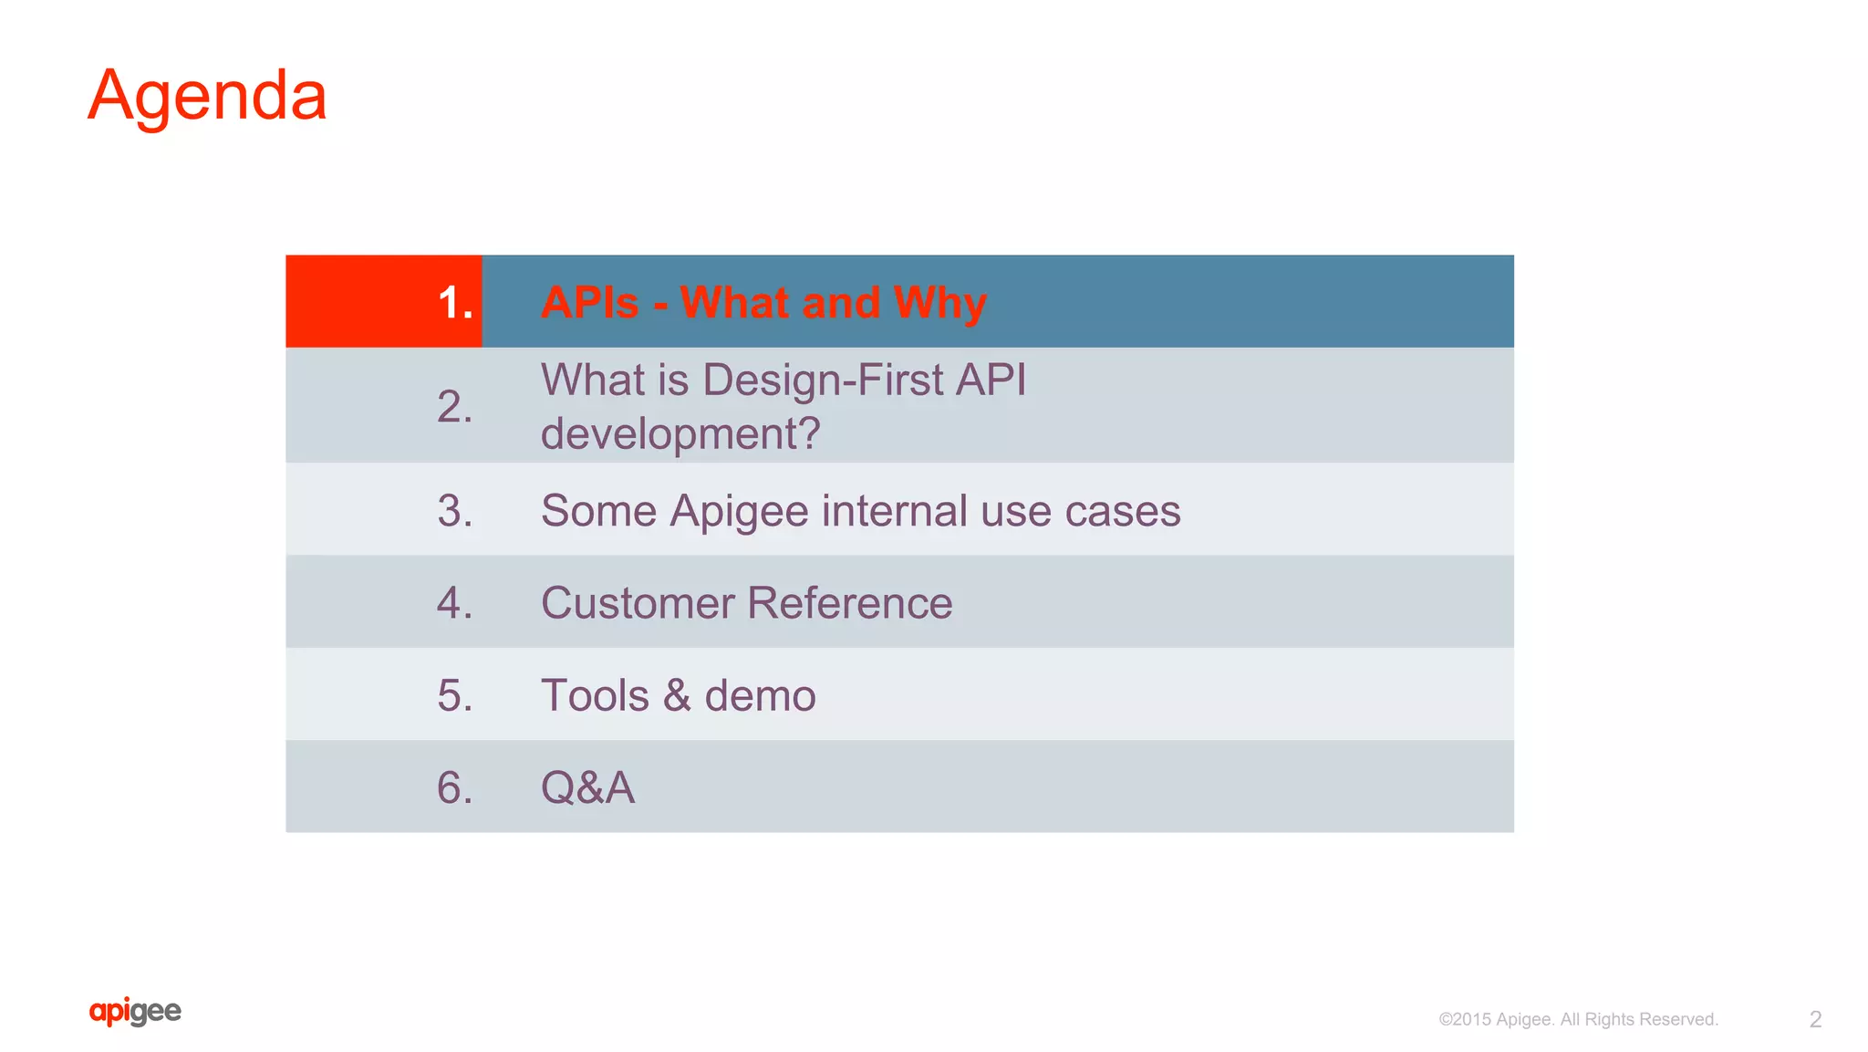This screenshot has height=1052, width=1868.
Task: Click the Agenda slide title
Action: [x=207, y=96]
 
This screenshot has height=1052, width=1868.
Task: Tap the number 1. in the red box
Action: [x=454, y=303]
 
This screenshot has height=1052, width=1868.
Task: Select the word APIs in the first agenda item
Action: [x=589, y=303]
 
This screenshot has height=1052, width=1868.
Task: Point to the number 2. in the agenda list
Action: [x=454, y=407]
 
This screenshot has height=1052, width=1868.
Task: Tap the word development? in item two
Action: [x=680, y=433]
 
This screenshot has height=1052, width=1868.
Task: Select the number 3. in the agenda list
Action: [x=454, y=511]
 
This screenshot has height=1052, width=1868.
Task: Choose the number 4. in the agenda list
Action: [x=454, y=603]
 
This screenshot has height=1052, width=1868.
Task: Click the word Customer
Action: [x=638, y=603]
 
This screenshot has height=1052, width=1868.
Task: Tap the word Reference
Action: [x=849, y=603]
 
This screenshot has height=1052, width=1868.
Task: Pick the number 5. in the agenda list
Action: [x=454, y=696]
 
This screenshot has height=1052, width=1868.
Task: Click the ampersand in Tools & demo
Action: [x=676, y=696]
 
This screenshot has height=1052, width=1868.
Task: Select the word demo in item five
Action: [x=760, y=696]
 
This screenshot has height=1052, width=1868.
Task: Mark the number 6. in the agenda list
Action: [x=454, y=788]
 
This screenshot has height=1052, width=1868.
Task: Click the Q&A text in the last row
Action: [x=587, y=788]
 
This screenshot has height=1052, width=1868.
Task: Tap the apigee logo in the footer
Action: [x=135, y=1012]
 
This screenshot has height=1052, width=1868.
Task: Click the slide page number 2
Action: [x=1814, y=1019]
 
